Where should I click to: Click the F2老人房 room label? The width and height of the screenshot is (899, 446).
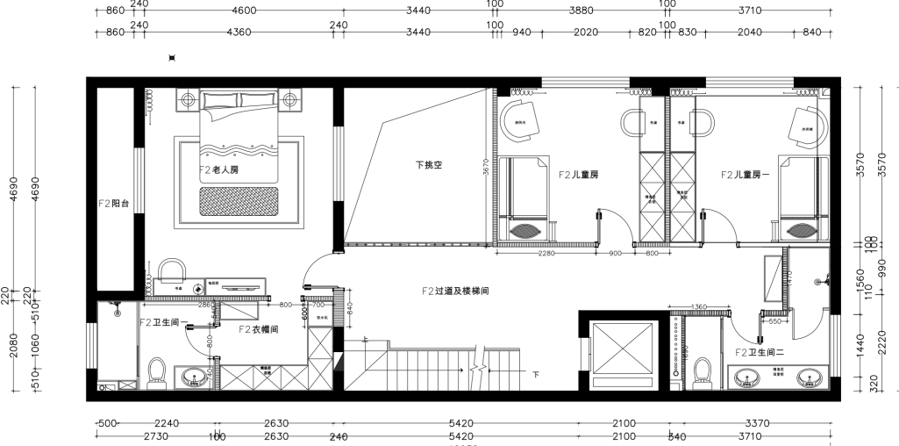[x=219, y=169]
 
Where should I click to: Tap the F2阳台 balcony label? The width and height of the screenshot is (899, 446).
[x=114, y=203]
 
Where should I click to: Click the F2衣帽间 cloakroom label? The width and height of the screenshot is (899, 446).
[x=259, y=329]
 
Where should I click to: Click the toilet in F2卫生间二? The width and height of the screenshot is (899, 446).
[x=702, y=371]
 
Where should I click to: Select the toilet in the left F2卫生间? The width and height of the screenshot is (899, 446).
[x=159, y=371]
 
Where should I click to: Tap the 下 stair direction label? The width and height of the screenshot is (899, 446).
[x=536, y=374]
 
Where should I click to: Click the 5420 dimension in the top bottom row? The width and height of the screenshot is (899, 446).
[x=460, y=423]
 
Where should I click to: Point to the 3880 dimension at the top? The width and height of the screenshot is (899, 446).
[x=581, y=11]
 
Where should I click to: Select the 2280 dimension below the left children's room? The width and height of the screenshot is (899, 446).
[x=546, y=255]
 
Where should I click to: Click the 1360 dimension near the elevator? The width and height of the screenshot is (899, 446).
[x=699, y=307]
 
